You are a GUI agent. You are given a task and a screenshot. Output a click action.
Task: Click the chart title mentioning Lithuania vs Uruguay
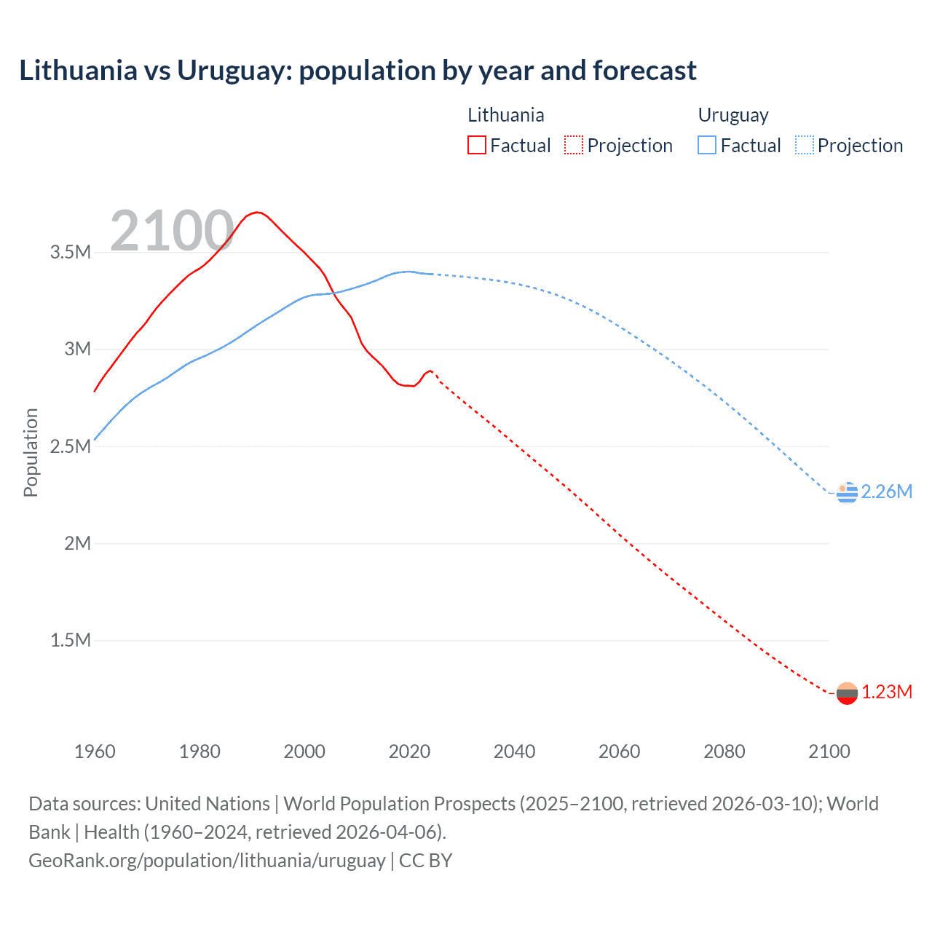(x=358, y=71)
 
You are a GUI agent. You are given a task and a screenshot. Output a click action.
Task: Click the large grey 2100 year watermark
(x=172, y=231)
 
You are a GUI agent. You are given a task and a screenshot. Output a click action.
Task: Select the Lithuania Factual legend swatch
(x=476, y=145)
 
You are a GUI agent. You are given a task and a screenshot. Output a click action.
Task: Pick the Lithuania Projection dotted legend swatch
(x=574, y=145)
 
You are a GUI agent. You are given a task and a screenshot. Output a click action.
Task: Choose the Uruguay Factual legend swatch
(x=706, y=145)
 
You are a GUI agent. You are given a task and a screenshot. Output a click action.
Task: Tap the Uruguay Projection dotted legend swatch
(x=805, y=145)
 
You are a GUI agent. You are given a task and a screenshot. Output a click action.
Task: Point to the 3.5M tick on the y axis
(x=70, y=253)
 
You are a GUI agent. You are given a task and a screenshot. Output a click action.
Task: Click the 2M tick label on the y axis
(x=76, y=543)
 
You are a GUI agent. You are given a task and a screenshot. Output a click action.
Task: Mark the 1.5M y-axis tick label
(x=70, y=640)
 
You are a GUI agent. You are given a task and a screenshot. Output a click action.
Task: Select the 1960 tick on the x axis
(x=95, y=751)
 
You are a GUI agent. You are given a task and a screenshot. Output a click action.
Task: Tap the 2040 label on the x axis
(x=514, y=751)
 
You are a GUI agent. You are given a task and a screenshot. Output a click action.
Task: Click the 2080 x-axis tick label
(x=724, y=751)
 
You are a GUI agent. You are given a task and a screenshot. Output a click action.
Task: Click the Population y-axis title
(x=31, y=452)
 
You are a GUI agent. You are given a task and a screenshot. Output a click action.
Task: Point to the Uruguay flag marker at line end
(x=847, y=493)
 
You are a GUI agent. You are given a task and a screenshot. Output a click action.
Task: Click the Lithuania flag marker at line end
(x=847, y=693)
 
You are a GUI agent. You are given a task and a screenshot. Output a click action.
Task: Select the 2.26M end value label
(x=886, y=492)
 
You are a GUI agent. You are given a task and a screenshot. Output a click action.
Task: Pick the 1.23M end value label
(x=886, y=692)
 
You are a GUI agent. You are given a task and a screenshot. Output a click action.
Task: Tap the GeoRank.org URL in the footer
(x=207, y=861)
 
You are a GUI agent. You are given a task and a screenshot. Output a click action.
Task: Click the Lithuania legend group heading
(x=505, y=115)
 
